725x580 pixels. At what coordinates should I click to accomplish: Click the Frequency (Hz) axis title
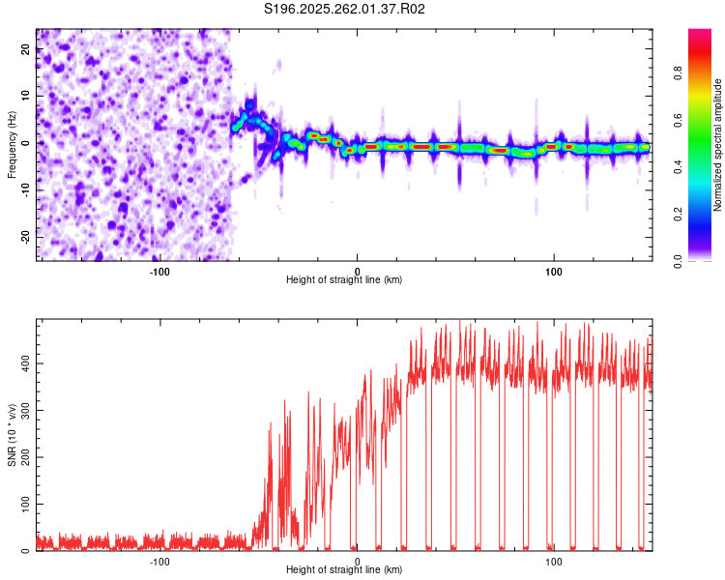12,143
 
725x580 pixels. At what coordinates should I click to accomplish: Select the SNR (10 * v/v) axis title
12,435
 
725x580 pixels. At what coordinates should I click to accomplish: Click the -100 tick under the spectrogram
160,271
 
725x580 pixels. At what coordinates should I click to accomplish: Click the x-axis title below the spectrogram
344,280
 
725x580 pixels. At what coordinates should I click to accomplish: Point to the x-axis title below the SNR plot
344,570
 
